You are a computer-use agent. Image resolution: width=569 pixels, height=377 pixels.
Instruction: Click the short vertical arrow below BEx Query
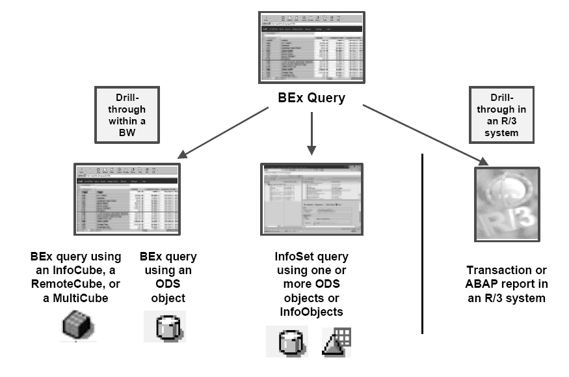[x=312, y=133]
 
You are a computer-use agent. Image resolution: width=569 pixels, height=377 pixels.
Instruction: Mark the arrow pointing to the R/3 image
[x=423, y=134]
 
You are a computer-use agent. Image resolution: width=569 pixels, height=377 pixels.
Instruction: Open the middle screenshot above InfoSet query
[x=311, y=199]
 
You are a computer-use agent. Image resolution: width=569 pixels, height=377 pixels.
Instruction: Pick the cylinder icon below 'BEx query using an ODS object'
[x=165, y=326]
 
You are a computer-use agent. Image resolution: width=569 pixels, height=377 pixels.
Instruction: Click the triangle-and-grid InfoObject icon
[x=336, y=341]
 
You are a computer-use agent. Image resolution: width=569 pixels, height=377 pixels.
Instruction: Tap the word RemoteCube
[x=66, y=284]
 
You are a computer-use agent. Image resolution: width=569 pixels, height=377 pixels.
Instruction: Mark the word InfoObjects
[x=310, y=313]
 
